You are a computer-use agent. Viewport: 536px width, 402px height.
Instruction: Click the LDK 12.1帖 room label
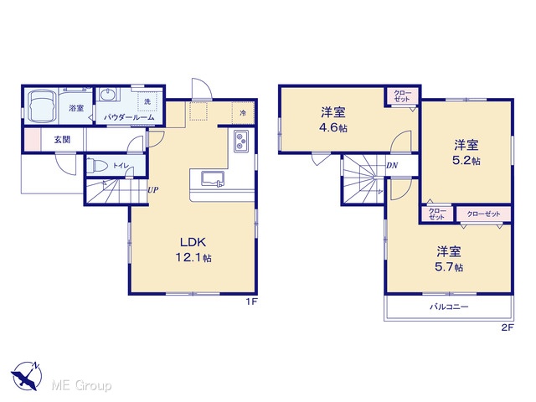193,250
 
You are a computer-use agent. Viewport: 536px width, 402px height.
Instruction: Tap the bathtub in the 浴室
41,106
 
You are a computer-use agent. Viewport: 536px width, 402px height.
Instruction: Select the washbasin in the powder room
109,94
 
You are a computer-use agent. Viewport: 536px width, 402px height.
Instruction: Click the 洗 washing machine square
147,101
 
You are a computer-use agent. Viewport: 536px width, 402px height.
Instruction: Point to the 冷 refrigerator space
243,113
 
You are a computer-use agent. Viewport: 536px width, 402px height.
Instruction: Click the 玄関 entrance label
62,140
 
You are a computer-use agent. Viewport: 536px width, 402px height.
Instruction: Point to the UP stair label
153,190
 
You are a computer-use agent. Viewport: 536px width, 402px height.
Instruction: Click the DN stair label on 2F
392,166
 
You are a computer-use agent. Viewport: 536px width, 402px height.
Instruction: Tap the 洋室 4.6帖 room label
333,120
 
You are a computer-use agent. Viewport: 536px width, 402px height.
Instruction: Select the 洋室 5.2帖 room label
466,152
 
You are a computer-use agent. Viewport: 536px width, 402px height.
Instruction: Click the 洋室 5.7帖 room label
449,259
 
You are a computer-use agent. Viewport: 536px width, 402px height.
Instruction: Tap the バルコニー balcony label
449,307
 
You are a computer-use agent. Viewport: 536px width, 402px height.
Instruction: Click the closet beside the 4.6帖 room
402,96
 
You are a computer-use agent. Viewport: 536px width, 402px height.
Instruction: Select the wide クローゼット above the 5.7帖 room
483,214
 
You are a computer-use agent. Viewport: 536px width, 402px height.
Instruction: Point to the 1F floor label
251,301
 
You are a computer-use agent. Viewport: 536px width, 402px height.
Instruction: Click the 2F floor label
508,327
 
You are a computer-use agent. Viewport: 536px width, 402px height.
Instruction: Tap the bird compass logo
27,375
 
